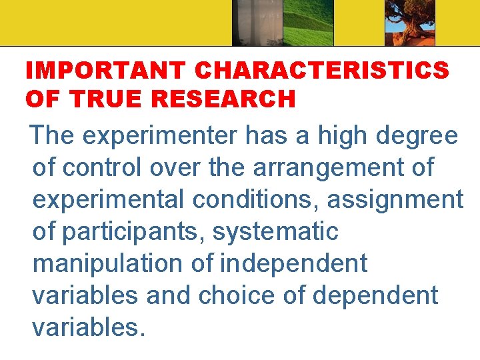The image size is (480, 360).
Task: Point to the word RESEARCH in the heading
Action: (223, 99)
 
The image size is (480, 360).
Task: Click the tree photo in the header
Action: (409, 23)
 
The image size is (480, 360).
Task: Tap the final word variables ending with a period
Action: (88, 327)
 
